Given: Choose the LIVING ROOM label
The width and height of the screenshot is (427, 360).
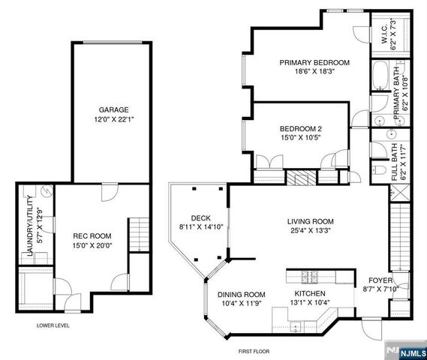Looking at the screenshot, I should click(x=311, y=221).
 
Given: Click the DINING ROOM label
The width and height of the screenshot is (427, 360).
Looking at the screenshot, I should click(x=242, y=294).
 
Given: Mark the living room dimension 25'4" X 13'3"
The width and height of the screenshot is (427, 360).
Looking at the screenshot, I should click(x=311, y=232).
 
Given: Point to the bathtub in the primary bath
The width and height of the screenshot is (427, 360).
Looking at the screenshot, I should click(x=379, y=78).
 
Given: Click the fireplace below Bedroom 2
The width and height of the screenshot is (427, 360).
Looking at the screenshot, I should click(x=300, y=177).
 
